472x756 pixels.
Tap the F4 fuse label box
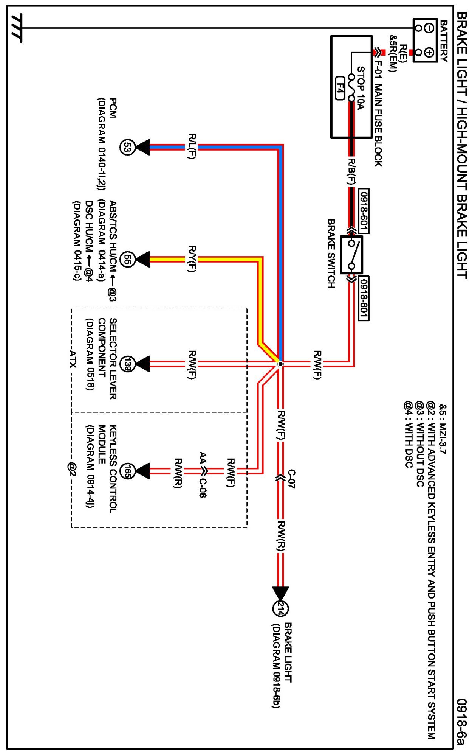tap(340, 89)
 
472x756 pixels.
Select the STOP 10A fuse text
tap(361, 88)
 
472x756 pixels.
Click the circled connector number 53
tap(127, 147)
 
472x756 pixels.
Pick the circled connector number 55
tap(127, 260)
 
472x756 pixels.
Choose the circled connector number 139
tap(127, 364)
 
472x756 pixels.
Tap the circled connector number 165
tap(127, 471)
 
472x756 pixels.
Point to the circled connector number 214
tap(280, 608)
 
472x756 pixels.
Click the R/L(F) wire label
tap(192, 146)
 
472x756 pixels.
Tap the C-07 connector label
tap(292, 479)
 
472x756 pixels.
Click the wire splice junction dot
tap(280, 364)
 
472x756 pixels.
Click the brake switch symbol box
tap(351, 255)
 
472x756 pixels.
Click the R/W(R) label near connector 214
tap(281, 536)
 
